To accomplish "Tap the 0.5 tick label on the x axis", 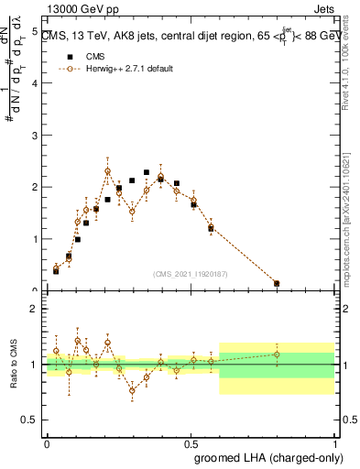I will point(191,442).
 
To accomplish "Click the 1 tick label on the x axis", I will point(334,442).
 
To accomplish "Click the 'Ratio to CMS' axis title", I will point(13,365).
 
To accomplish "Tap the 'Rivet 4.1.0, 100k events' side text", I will point(351,77).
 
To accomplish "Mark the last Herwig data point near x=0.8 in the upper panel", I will point(277,283).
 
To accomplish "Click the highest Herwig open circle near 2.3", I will point(108,171).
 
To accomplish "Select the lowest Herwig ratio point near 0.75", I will point(132,390).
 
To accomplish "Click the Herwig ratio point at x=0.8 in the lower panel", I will point(277,354).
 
